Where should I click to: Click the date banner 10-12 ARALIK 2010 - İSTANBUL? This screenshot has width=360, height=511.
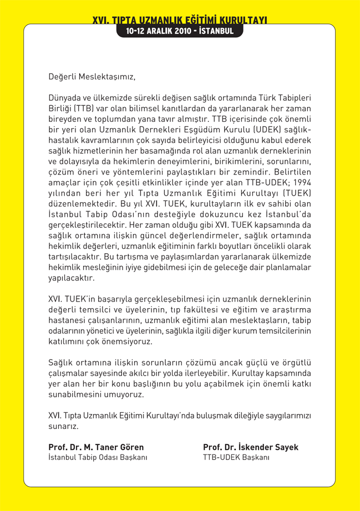click(x=180, y=31)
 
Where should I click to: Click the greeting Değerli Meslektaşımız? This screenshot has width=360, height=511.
click(x=92, y=76)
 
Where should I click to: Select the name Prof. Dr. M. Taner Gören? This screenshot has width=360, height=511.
click(x=96, y=447)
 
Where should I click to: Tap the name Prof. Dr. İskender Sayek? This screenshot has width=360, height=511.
click(x=251, y=447)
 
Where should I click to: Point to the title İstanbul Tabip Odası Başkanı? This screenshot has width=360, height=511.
click(x=98, y=457)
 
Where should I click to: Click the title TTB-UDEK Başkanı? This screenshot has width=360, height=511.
click(x=236, y=457)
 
